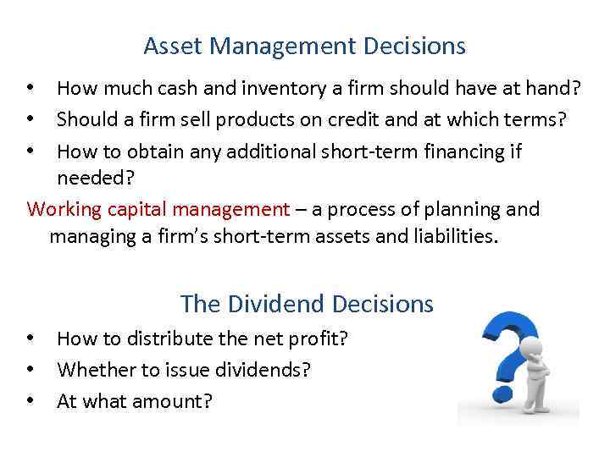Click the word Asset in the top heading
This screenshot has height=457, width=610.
[171, 46]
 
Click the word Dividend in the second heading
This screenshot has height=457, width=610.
[276, 304]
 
